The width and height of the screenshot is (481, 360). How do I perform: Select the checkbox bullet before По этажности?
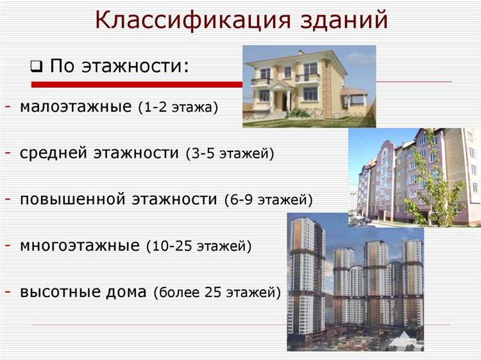tap(37, 66)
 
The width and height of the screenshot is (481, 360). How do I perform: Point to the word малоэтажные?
tap(76, 106)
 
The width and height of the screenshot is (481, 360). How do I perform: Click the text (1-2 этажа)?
tap(178, 107)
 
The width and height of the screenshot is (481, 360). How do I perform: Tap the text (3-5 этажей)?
tap(230, 154)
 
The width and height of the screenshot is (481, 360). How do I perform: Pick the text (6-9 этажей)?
tap(268, 200)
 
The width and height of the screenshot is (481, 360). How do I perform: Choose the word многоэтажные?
tap(80, 245)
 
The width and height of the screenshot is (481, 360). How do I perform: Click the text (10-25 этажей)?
tap(199, 246)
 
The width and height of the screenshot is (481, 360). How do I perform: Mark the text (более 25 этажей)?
tap(217, 293)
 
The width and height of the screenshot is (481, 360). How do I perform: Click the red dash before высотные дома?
tap(7, 292)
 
